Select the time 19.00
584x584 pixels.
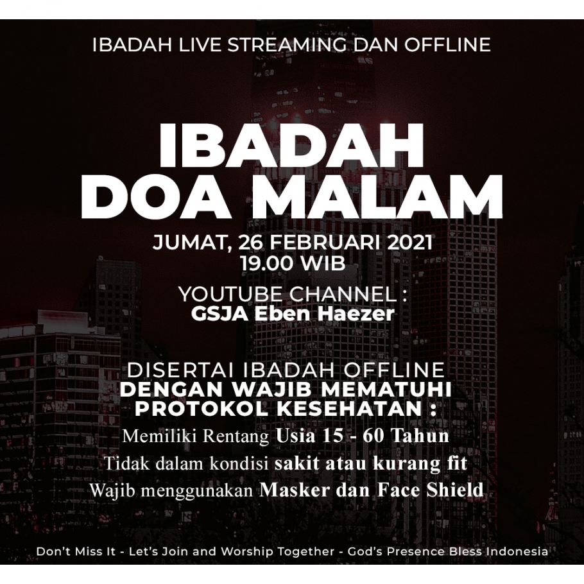(266, 264)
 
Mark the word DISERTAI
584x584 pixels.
(182, 370)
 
